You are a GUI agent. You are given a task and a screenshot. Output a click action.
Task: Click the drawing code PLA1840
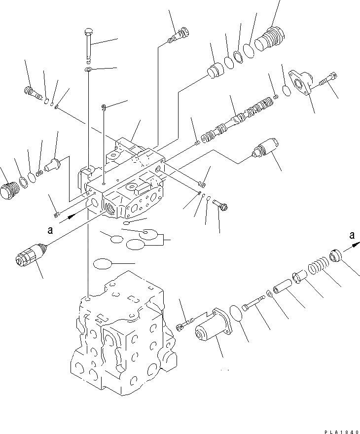pyautogui.click(x=340, y=431)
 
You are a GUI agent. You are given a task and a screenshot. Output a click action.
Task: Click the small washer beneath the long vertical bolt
pyautogui.click(x=88, y=70)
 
